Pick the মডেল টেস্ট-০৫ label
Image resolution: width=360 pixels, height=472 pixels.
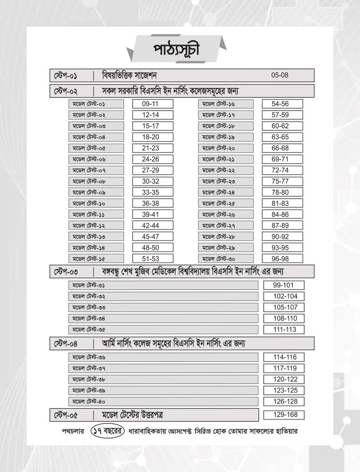(96, 148)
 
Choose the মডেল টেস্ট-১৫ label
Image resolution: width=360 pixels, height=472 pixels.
(96, 258)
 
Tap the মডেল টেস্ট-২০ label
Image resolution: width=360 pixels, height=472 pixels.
(225, 148)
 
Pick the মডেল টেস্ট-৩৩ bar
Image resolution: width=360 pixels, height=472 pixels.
(163, 307)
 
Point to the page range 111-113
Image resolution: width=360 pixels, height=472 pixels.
(285, 330)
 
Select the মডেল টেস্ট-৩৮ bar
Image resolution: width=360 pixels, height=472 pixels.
(163, 379)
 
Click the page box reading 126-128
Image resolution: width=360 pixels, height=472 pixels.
(285, 401)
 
